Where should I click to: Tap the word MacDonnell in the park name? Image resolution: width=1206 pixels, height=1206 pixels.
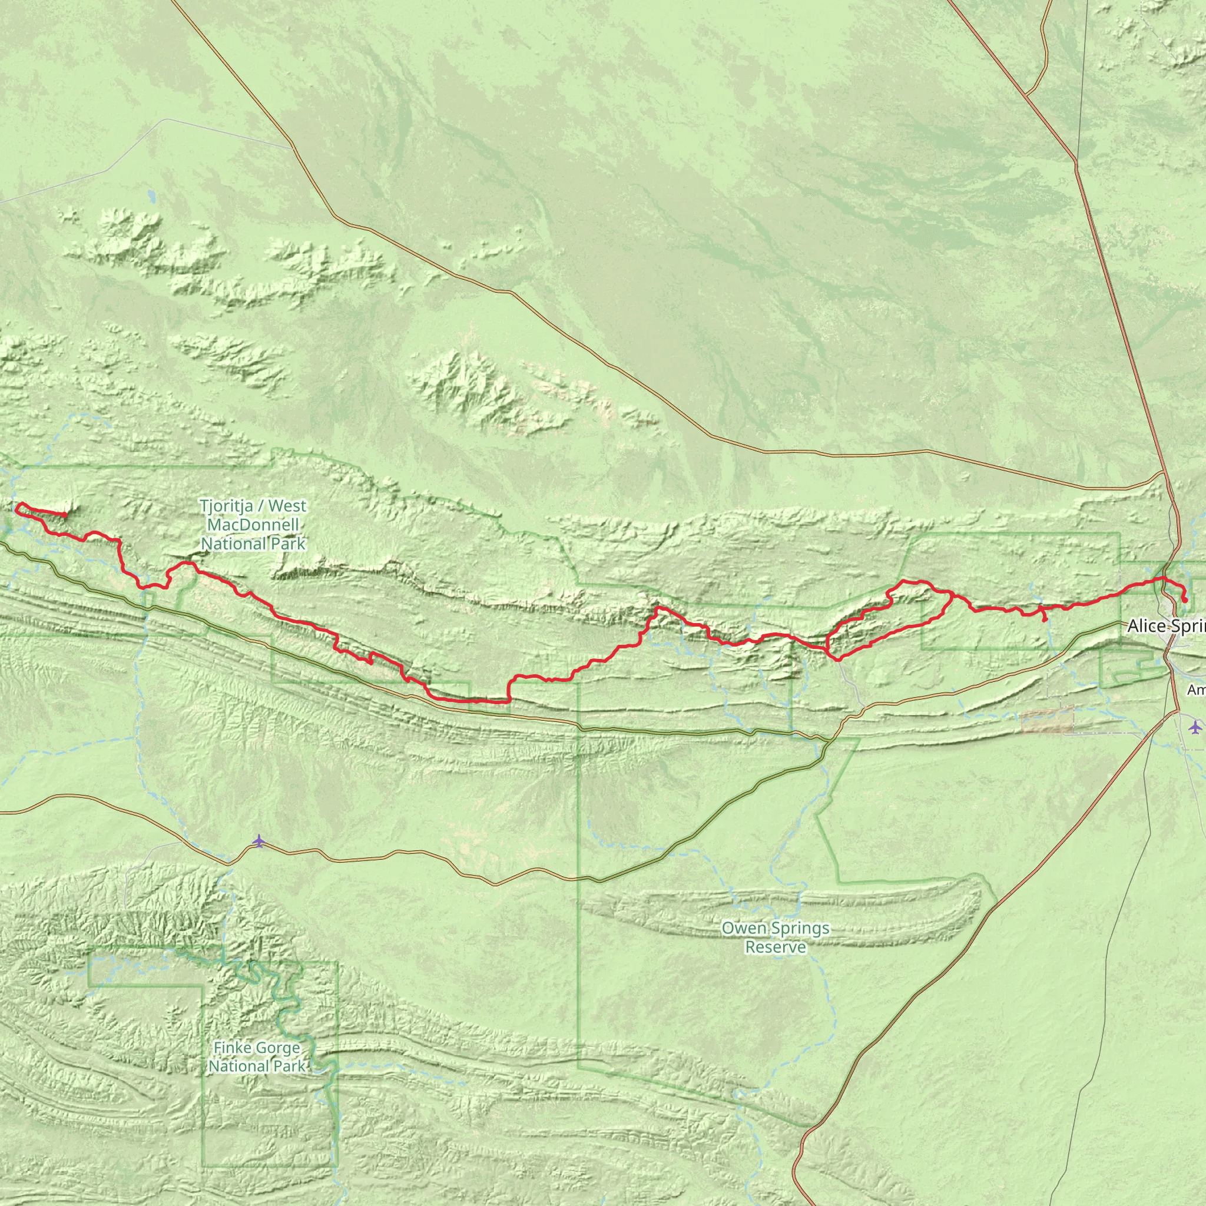tap(253, 525)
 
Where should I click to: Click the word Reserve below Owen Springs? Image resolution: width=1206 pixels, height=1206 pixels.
tap(776, 947)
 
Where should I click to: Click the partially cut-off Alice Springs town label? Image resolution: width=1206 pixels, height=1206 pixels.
tap(1165, 626)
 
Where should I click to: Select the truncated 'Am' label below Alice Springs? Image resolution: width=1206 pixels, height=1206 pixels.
tap(1195, 690)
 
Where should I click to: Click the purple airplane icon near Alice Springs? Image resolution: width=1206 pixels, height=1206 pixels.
tap(1195, 727)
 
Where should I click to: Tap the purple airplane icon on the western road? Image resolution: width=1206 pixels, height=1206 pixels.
tap(259, 841)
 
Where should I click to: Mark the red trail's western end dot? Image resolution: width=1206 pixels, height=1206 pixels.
tap(65, 514)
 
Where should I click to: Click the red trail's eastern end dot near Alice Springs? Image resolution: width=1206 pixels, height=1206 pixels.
tap(1185, 601)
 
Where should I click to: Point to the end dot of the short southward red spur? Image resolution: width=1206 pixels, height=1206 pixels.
tap(1046, 620)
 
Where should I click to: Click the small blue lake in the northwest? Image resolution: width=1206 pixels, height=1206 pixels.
tap(152, 197)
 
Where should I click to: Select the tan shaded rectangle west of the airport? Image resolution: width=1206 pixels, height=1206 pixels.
tap(1047, 720)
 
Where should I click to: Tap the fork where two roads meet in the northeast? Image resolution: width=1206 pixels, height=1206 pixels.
tap(1026, 95)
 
